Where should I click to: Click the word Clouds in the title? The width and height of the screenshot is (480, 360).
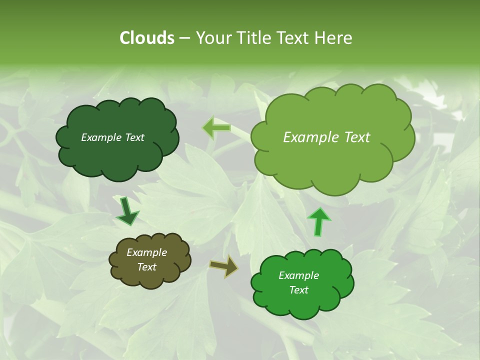[146, 38]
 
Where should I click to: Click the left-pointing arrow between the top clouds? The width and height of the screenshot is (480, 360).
[216, 128]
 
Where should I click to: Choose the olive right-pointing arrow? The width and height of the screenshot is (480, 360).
[224, 266]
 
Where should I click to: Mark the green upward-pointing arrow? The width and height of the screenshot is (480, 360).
[318, 221]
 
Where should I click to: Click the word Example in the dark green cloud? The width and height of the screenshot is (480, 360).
[101, 137]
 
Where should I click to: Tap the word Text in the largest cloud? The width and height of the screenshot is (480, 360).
[353, 137]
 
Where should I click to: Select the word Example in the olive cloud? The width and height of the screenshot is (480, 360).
[147, 252]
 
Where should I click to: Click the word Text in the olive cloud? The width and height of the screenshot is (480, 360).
[147, 267]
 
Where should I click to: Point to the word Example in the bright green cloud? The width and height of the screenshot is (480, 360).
[299, 275]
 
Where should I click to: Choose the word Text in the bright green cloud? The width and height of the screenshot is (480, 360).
[299, 290]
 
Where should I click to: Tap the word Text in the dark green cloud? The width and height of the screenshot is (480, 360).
[134, 137]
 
